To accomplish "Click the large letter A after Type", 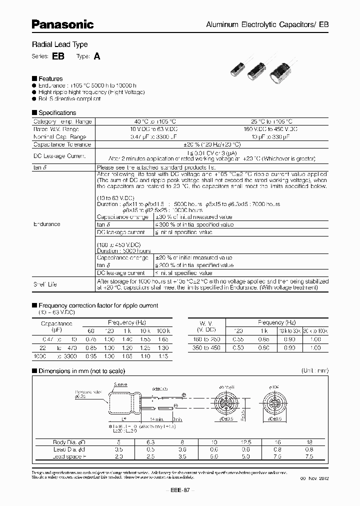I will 97,56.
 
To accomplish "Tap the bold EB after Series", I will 57,56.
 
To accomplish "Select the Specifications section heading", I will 57,113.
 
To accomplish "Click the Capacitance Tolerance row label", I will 61,144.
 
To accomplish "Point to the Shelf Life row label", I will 45,284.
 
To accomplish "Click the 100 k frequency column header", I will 162,331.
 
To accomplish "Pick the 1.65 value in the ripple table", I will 162,339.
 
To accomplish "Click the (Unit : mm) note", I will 314,371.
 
